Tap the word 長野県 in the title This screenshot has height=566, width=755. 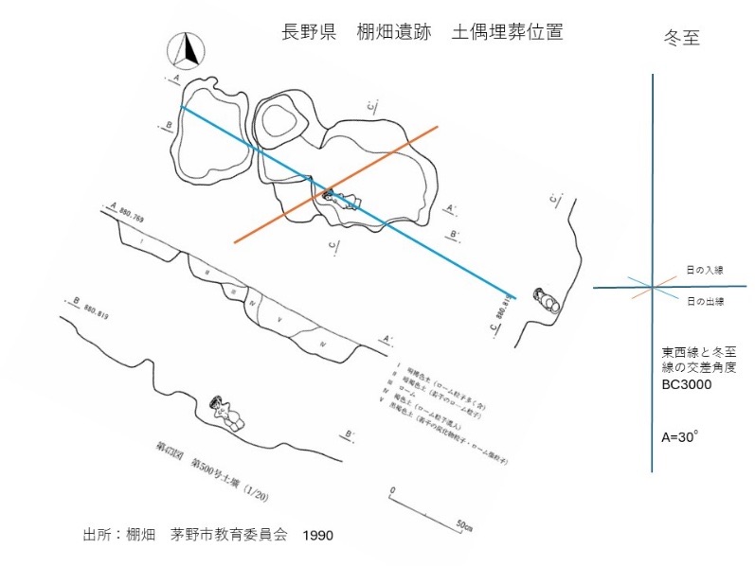(x=310, y=31)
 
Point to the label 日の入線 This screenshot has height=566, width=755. (x=703, y=270)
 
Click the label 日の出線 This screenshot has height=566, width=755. (x=704, y=301)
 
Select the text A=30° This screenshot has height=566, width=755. (x=680, y=437)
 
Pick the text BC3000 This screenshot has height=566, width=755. (x=688, y=386)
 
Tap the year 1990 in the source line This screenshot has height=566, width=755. (x=318, y=536)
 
